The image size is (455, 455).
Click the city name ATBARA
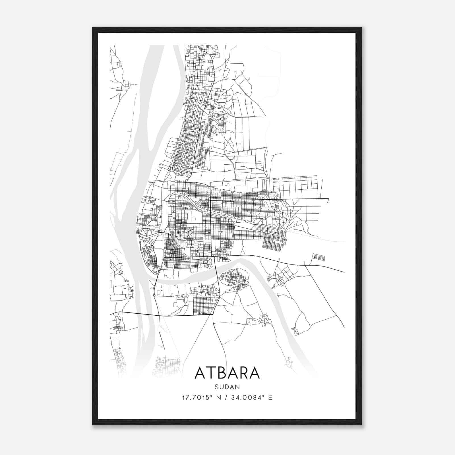(x=227, y=373)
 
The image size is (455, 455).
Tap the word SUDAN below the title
(x=227, y=387)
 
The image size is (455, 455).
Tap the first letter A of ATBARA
(x=200, y=373)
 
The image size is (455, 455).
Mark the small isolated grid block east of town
(x=318, y=257)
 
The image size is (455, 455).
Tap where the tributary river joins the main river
(x=155, y=282)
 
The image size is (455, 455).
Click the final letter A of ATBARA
(x=255, y=373)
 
